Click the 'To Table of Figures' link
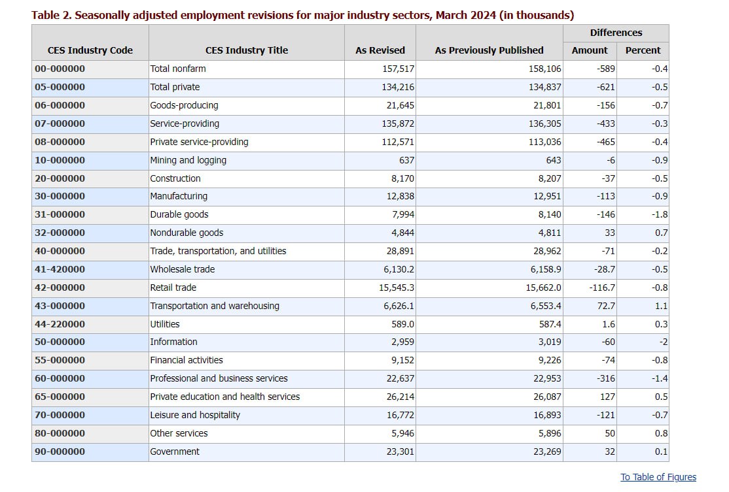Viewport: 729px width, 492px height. click(x=658, y=477)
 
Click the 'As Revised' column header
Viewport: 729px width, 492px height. click(x=380, y=50)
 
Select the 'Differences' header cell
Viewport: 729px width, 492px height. click(x=616, y=33)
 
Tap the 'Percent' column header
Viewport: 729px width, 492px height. click(x=643, y=50)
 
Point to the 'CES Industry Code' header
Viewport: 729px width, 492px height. click(x=90, y=50)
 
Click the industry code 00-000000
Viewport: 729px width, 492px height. click(x=60, y=69)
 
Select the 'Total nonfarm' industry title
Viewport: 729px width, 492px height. click(x=178, y=69)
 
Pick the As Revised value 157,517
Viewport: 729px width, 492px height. click(x=398, y=69)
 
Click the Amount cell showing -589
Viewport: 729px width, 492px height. click(x=606, y=69)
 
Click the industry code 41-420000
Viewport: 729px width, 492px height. click(x=60, y=269)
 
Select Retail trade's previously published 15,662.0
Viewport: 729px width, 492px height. click(x=544, y=287)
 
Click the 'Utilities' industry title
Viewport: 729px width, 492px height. click(x=165, y=324)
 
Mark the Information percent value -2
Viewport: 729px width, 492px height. click(x=664, y=342)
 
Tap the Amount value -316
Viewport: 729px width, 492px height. click(x=606, y=379)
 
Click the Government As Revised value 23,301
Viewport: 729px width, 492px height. click(x=400, y=451)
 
